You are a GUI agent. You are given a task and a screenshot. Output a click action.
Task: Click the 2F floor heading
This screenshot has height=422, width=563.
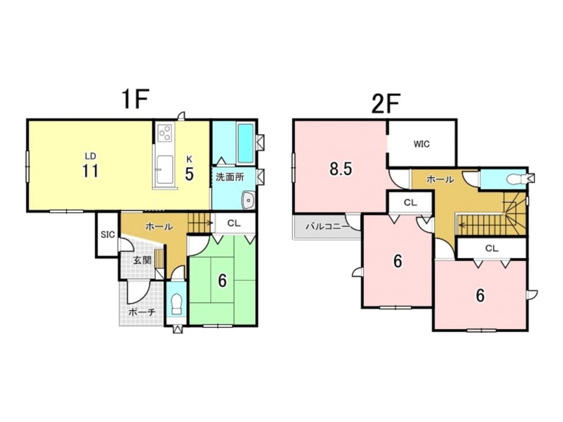pos(386,103)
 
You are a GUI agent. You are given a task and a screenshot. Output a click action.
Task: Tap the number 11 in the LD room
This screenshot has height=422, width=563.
pos(90,171)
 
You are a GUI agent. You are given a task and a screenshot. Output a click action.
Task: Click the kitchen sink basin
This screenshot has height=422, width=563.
pos(165,169)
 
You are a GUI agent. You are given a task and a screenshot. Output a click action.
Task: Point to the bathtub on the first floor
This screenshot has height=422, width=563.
pos(245,142)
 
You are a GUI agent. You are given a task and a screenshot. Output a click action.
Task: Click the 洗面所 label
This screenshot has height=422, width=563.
pos(230,177)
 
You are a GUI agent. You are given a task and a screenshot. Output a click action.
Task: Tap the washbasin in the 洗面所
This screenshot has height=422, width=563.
pos(248,200)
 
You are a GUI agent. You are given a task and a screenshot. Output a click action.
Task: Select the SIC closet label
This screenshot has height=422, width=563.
pos(108,235)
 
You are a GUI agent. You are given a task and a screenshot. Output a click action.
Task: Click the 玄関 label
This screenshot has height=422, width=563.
pos(142,260)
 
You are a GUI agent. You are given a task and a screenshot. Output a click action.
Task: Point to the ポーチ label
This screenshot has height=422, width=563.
pos(142,312)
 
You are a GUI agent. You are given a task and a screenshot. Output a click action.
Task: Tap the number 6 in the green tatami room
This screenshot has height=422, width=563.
pos(222,281)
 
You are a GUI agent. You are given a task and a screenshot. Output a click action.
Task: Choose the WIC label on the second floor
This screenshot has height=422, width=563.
pos(422,144)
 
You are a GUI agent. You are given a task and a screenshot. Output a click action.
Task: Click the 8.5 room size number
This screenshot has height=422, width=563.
pos(341,169)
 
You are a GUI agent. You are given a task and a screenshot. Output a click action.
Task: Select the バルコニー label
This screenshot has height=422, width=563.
pos(327,227)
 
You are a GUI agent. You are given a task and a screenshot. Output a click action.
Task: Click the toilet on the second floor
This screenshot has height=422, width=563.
pos(517,178)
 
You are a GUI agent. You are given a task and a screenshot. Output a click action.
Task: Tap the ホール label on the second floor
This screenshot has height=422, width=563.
pos(440,179)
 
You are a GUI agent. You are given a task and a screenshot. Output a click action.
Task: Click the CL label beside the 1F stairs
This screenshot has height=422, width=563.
pos(234,223)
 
